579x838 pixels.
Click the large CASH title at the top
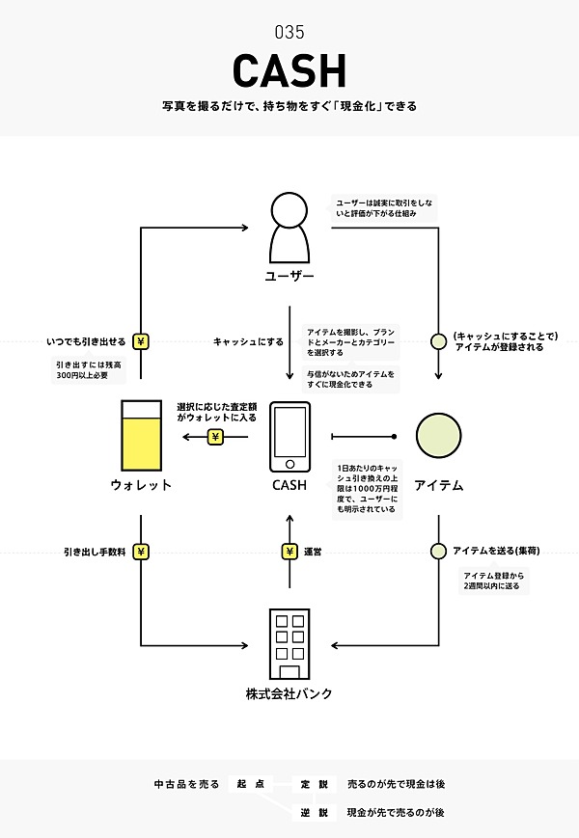point(289,69)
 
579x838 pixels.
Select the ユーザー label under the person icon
point(289,276)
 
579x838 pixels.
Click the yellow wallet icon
point(141,430)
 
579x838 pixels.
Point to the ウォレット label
point(141,485)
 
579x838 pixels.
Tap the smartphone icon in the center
point(289,430)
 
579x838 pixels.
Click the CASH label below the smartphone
point(289,485)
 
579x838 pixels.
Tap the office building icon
point(289,644)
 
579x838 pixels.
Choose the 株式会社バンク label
point(289,693)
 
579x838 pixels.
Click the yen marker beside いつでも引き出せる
point(141,341)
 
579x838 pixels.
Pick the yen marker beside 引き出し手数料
point(141,553)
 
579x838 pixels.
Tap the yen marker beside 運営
point(289,553)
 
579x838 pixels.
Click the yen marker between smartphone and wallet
point(215,437)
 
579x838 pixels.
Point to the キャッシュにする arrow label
point(248,341)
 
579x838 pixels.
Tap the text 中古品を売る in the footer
point(186,783)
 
